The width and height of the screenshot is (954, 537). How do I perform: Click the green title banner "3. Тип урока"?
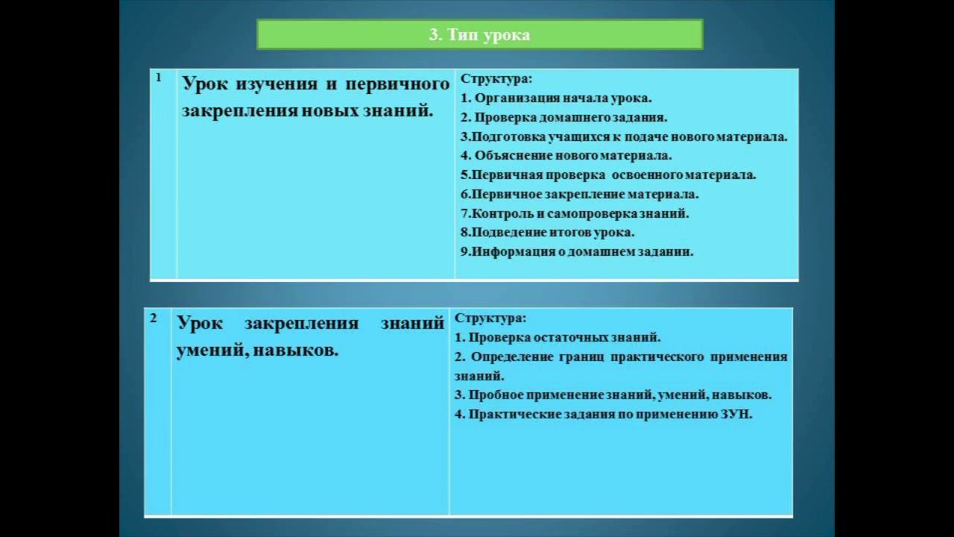pos(479,35)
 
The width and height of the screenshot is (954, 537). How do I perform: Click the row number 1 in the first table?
pos(159,77)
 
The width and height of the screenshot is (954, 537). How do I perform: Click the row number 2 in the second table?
pos(154,318)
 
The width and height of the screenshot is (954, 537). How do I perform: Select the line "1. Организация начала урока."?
pos(556,98)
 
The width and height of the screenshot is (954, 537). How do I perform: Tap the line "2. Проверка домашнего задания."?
pos(563,117)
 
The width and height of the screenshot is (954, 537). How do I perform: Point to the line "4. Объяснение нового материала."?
pos(566,156)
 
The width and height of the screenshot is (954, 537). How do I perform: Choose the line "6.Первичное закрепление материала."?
pos(579,194)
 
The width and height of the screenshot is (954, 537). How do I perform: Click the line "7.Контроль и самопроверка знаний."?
pos(575,213)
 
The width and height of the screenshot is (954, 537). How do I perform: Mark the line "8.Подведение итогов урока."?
pos(548,232)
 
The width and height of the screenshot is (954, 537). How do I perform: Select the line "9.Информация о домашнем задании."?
pos(577,251)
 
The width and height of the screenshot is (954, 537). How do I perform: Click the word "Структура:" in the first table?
pos(496,78)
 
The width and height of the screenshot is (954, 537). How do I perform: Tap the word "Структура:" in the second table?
pos(490,318)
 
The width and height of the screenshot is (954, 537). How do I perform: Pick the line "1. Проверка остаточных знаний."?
pos(557,337)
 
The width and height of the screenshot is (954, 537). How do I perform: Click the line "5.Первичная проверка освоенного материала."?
pos(608,175)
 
